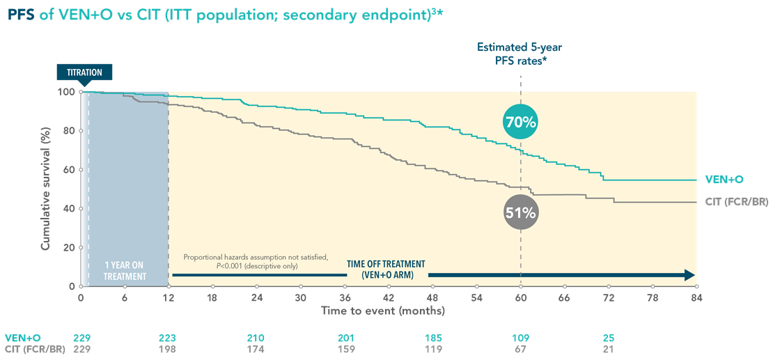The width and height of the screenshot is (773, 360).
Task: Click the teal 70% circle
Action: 520,122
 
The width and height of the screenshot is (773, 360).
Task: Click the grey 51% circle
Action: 520,212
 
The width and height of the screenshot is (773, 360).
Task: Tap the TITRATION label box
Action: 84,72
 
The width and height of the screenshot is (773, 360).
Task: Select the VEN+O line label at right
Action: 724,180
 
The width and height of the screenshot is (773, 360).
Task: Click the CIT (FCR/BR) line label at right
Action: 737,202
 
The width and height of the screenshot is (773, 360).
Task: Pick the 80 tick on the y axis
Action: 69,131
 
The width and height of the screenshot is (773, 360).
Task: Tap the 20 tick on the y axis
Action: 69,247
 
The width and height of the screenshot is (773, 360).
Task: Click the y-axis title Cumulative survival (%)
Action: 46,188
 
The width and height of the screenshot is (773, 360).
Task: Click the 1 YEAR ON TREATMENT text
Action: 125,271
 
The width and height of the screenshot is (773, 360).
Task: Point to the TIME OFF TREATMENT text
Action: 385,269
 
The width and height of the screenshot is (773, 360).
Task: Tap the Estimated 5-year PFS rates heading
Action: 520,54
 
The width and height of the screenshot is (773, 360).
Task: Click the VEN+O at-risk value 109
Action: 520,338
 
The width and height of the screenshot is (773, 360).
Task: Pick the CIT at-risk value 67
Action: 520,349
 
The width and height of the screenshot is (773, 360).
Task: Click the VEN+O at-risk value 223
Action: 168,338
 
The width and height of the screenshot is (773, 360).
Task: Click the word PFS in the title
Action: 21,14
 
